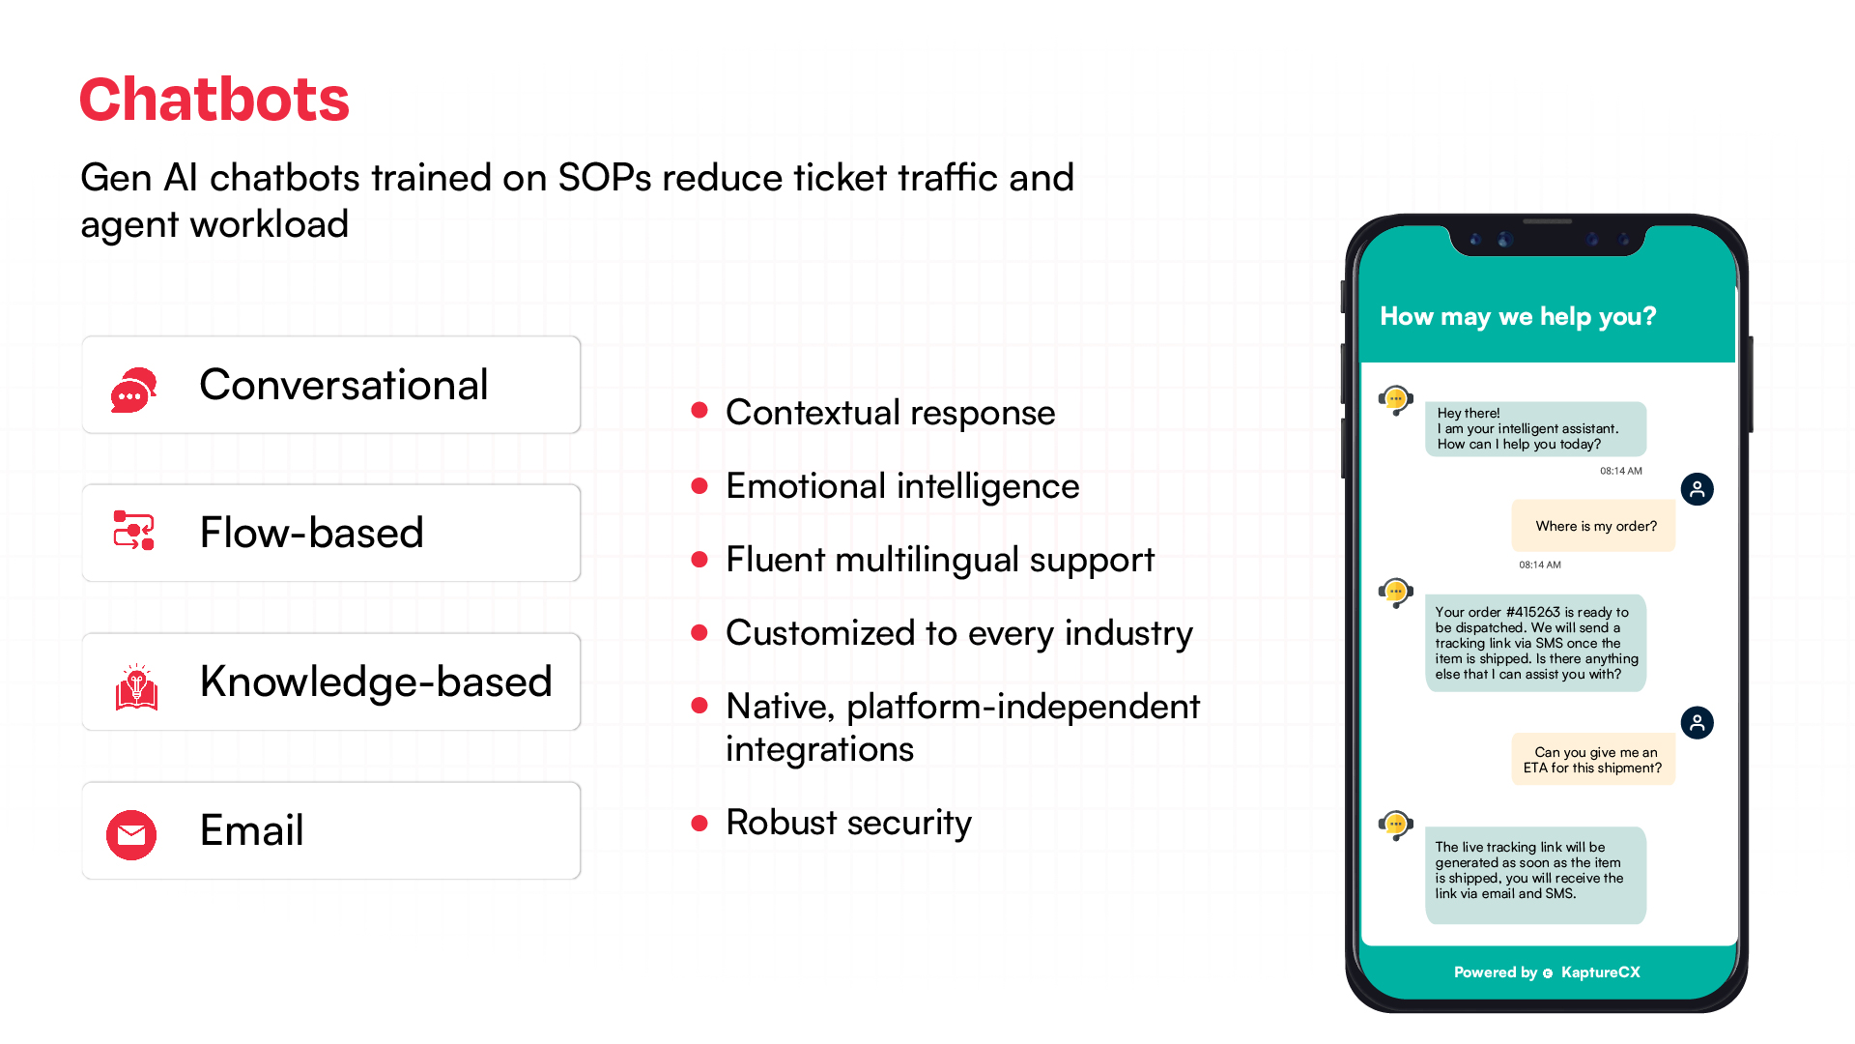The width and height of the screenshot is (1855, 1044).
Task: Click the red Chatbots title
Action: click(x=214, y=100)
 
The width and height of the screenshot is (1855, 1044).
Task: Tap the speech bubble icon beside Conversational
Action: click(x=133, y=390)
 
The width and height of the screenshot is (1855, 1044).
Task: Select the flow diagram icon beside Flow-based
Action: click(x=133, y=531)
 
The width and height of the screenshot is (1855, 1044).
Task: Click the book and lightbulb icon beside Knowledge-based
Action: click(x=136, y=687)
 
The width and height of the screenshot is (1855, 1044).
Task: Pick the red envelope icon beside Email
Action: click(x=131, y=834)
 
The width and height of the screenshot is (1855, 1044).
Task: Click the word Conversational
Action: click(x=343, y=385)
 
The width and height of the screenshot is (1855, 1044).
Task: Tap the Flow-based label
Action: click(x=311, y=533)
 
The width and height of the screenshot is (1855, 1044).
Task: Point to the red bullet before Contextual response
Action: click(x=700, y=411)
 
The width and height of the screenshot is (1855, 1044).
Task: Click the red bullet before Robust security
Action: click(x=700, y=823)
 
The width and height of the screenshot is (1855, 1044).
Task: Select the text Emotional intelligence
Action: click(x=901, y=486)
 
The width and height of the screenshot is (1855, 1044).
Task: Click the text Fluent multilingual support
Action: click(x=939, y=560)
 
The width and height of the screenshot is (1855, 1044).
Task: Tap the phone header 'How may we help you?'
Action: click(x=1517, y=316)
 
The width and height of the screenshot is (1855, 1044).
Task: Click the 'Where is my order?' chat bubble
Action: click(x=1594, y=526)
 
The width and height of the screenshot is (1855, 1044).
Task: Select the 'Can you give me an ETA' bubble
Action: click(x=1593, y=760)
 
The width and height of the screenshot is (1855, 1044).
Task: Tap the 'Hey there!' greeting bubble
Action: click(x=1534, y=428)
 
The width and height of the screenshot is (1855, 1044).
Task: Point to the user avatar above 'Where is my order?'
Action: click(x=1697, y=489)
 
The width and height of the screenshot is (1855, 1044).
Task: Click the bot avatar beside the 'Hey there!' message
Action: click(x=1396, y=399)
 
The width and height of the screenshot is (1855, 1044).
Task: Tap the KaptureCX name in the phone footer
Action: click(x=1600, y=972)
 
